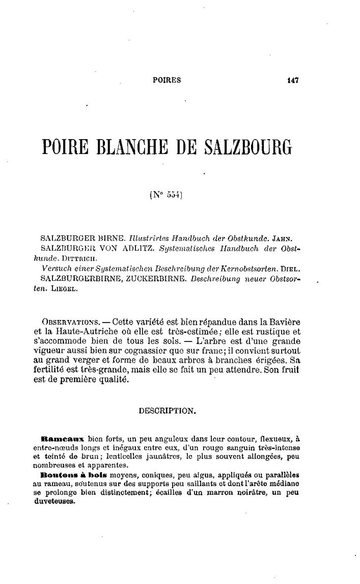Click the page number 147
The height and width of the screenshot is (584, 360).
(x=292, y=80)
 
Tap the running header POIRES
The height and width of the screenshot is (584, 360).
(x=167, y=80)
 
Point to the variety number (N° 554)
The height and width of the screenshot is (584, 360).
(x=167, y=194)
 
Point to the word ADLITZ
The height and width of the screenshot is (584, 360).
(x=136, y=248)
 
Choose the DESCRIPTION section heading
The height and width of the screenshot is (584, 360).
(x=166, y=409)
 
